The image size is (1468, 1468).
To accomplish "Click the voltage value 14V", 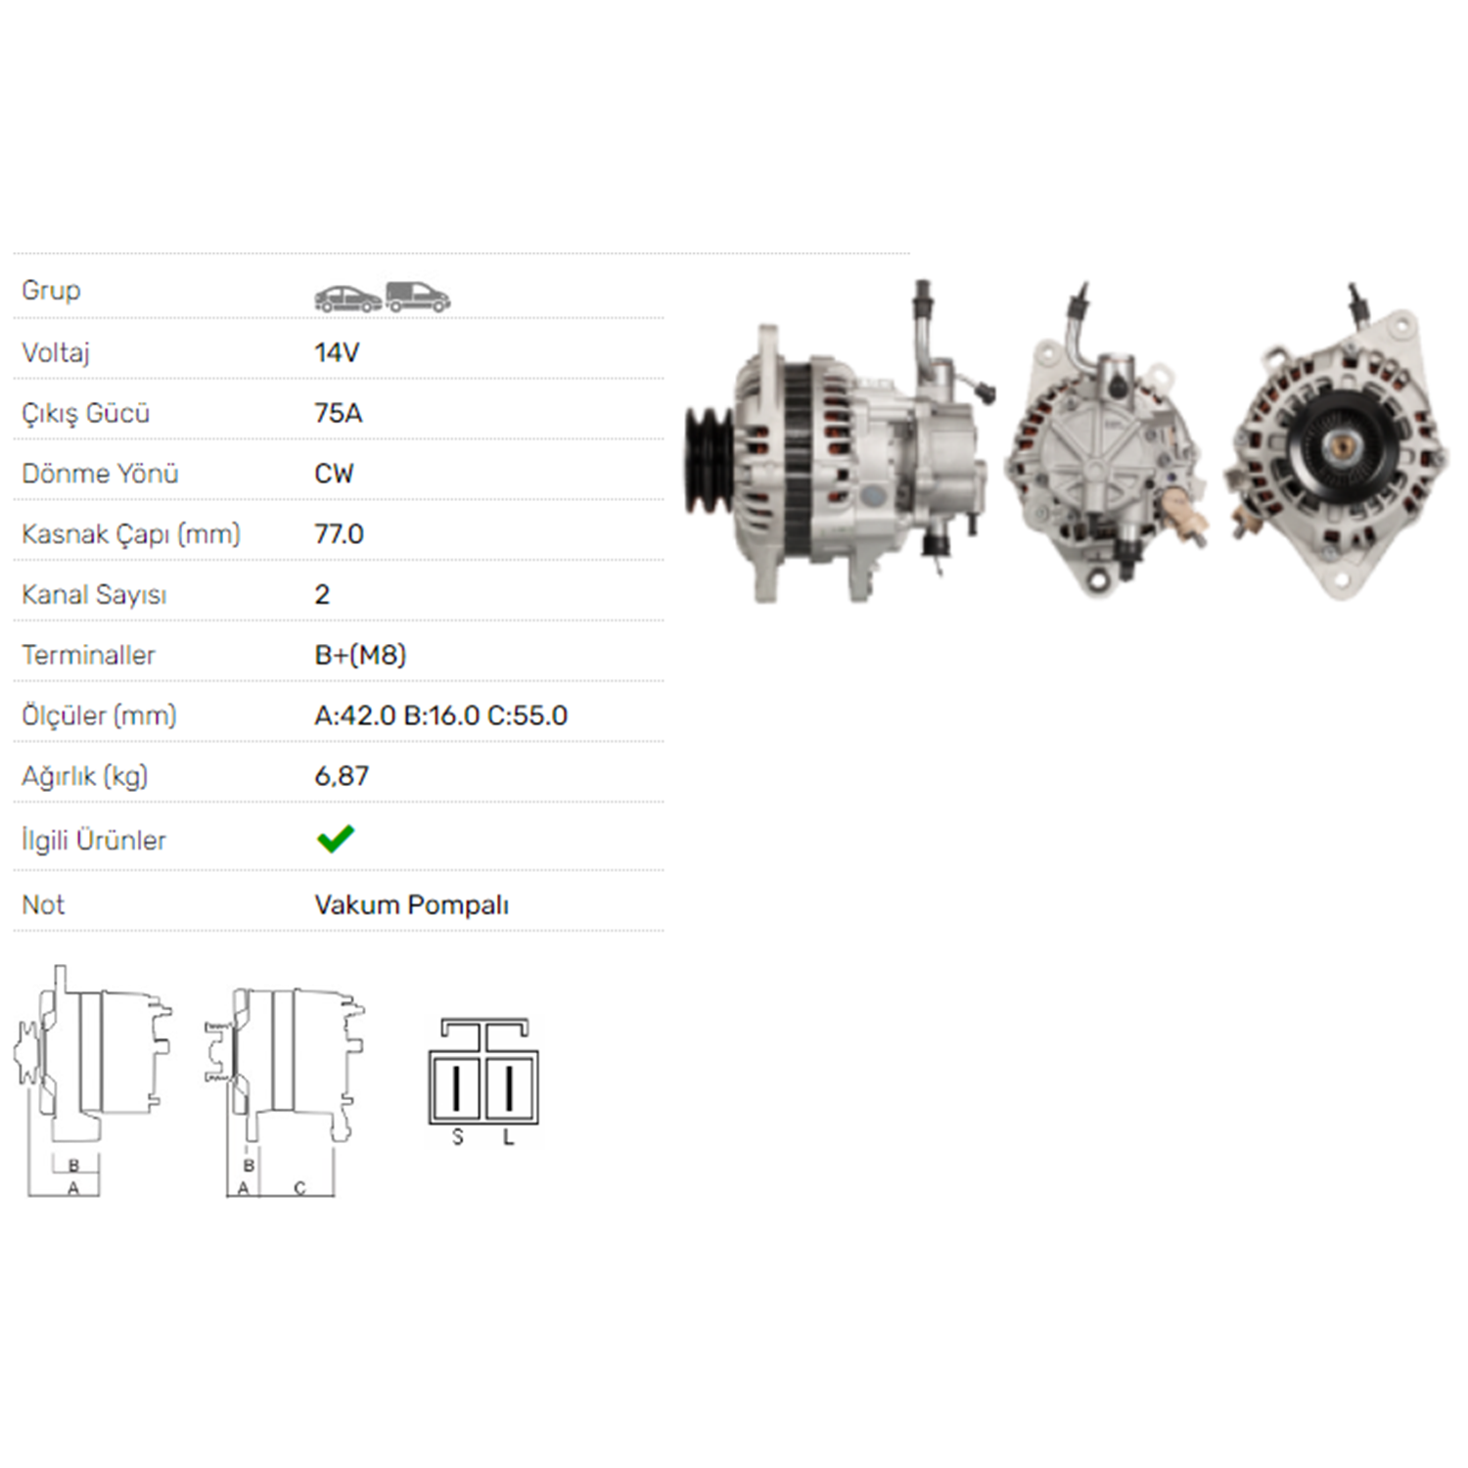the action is pos(337,352).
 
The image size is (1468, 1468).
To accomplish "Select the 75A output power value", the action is pos(339,413).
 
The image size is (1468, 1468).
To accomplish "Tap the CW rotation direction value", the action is pos(334,474).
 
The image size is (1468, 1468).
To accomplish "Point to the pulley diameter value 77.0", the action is pos(339,534).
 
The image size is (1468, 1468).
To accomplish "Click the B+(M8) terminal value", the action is pos(360,655).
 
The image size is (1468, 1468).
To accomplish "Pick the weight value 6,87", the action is pos(342,776).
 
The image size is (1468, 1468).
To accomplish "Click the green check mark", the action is pos(336,839).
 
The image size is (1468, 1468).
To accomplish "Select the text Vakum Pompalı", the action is pos(411,905).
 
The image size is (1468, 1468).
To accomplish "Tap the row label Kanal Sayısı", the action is pos(94,595).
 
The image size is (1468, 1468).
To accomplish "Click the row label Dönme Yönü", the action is pos(100,474).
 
